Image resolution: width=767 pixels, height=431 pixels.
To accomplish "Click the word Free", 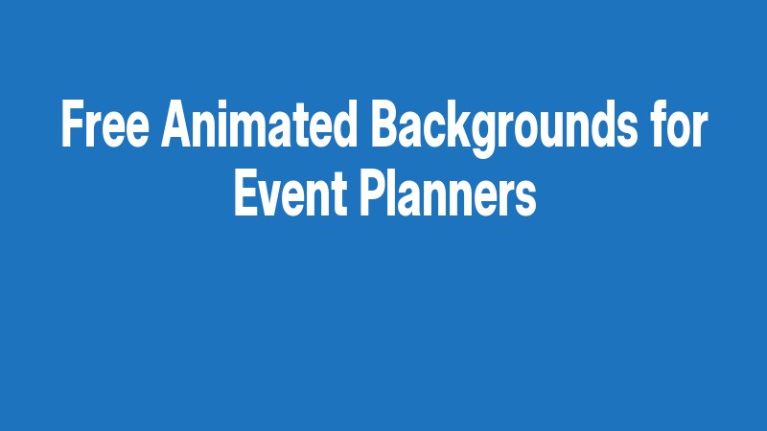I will pos(106,125).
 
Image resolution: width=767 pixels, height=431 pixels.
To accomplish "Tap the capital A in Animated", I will pos(179,125).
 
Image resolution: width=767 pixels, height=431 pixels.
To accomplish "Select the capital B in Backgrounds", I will pos(382,125).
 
